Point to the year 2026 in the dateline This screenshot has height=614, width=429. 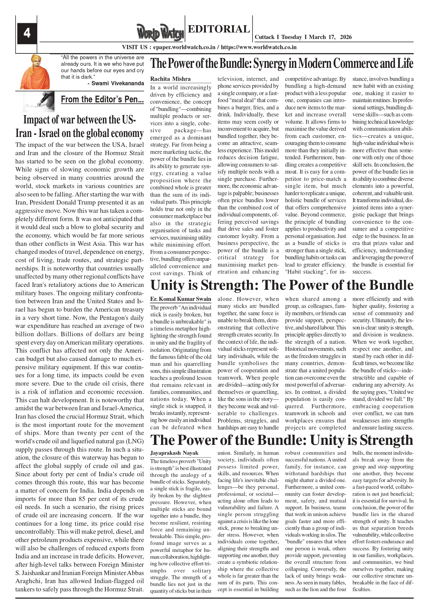[346, 37]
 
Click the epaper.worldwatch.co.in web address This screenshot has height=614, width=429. [184, 47]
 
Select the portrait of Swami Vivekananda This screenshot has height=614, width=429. [35, 72]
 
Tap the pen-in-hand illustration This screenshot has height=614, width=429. [39, 101]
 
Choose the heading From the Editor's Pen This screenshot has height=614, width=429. [102, 100]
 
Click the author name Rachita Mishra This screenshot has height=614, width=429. [170, 79]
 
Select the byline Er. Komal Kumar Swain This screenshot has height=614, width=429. [181, 299]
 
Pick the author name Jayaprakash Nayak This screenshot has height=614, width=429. [174, 453]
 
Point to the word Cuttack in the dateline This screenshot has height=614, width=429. [265, 37]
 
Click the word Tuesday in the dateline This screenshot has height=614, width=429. [292, 37]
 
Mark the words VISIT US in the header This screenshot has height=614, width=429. [135, 47]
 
